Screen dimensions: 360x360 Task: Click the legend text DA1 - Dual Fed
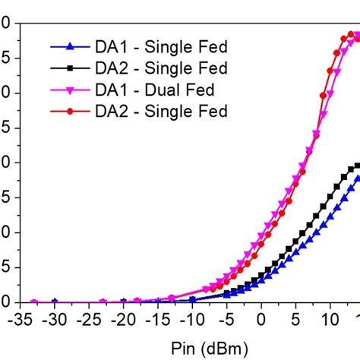pos(156,90)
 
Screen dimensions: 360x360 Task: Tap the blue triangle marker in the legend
pos(70,47)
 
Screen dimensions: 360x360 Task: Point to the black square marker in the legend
pos(70,68)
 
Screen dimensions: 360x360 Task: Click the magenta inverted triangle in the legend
pos(70,90)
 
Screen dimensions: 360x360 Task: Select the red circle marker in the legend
pos(70,112)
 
